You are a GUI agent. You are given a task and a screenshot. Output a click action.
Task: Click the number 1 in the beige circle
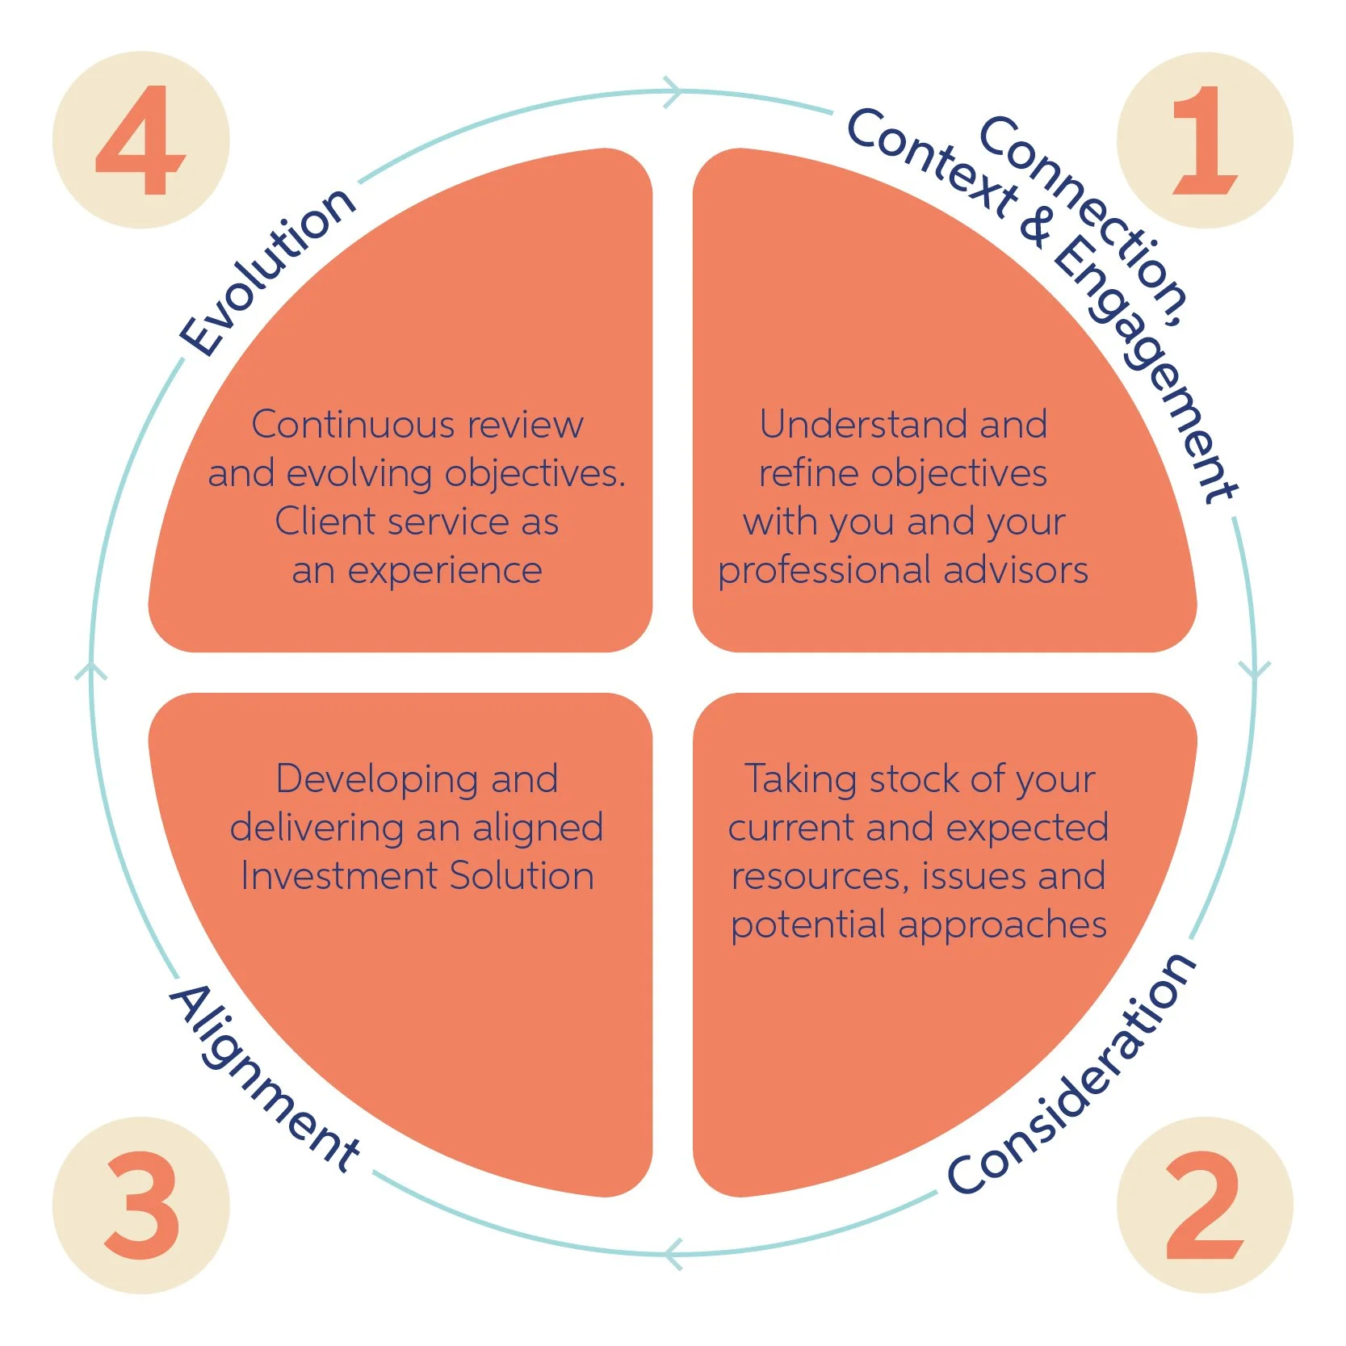point(1205,140)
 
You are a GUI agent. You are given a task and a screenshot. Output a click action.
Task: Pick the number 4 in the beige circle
point(141,140)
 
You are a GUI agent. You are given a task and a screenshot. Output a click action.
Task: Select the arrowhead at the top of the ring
point(673,91)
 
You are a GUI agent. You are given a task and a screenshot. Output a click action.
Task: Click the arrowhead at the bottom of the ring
point(673,1254)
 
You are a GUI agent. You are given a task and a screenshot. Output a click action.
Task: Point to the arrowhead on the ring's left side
point(91,670)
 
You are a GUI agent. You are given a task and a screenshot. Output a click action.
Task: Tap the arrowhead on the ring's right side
point(1254,670)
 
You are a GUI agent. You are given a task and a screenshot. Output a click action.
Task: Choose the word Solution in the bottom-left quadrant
point(522,876)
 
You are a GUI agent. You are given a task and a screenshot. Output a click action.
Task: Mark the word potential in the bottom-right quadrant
point(808,925)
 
